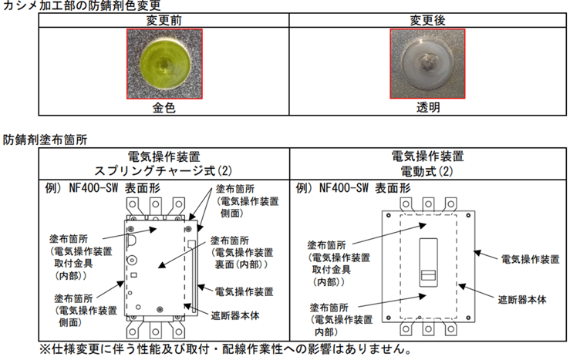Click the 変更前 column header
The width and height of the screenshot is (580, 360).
pos(164,20)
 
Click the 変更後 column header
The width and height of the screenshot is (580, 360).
pos(427,20)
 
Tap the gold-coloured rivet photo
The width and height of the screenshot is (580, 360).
pos(164,64)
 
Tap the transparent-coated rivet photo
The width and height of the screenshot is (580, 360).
pos(427,64)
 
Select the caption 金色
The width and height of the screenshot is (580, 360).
pos(164,108)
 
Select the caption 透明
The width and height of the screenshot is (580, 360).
pos(428,108)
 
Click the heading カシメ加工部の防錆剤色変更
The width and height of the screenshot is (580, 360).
pos(82,5)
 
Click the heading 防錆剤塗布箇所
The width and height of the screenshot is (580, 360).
pos(46,140)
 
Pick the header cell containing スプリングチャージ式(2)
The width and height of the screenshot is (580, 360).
pos(164,163)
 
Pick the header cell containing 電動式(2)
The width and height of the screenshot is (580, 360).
pos(428,163)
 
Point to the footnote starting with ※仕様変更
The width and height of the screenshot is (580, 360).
pos(226,349)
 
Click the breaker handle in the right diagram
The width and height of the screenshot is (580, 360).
pos(428,263)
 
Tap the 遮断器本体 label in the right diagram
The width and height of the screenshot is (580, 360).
pos(522,300)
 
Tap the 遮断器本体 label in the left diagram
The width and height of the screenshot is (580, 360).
pos(235,315)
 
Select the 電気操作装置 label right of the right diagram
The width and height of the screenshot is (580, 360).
pos(530,259)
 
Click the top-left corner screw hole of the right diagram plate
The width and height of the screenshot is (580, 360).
pos(389,216)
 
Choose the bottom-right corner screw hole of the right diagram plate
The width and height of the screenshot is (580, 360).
pos(468,318)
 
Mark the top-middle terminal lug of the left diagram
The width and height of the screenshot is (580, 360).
pos(156,206)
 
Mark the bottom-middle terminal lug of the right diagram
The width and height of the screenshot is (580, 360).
pos(428,328)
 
